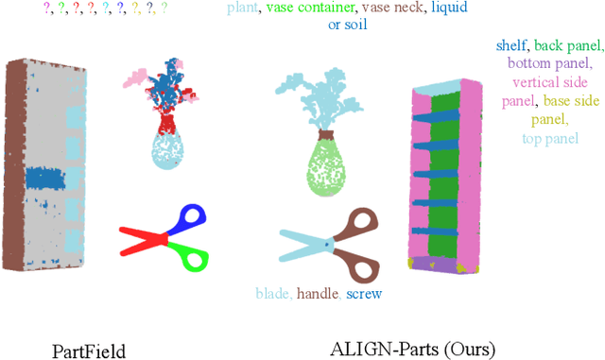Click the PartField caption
pos(88,351)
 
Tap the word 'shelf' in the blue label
pos(510,44)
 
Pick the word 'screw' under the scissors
pos(364,294)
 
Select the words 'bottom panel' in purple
pos(548,63)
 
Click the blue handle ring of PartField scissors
pos(191,218)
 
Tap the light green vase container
pos(324,170)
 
